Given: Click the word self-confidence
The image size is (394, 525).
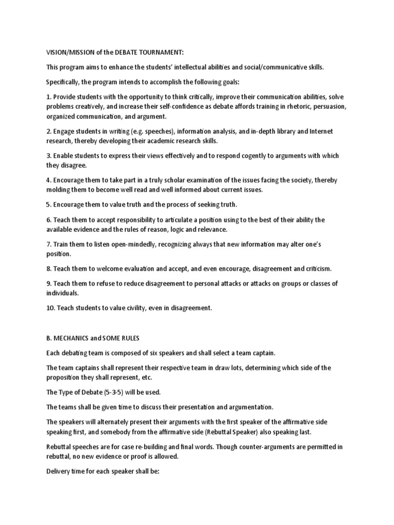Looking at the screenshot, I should coord(174,106).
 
